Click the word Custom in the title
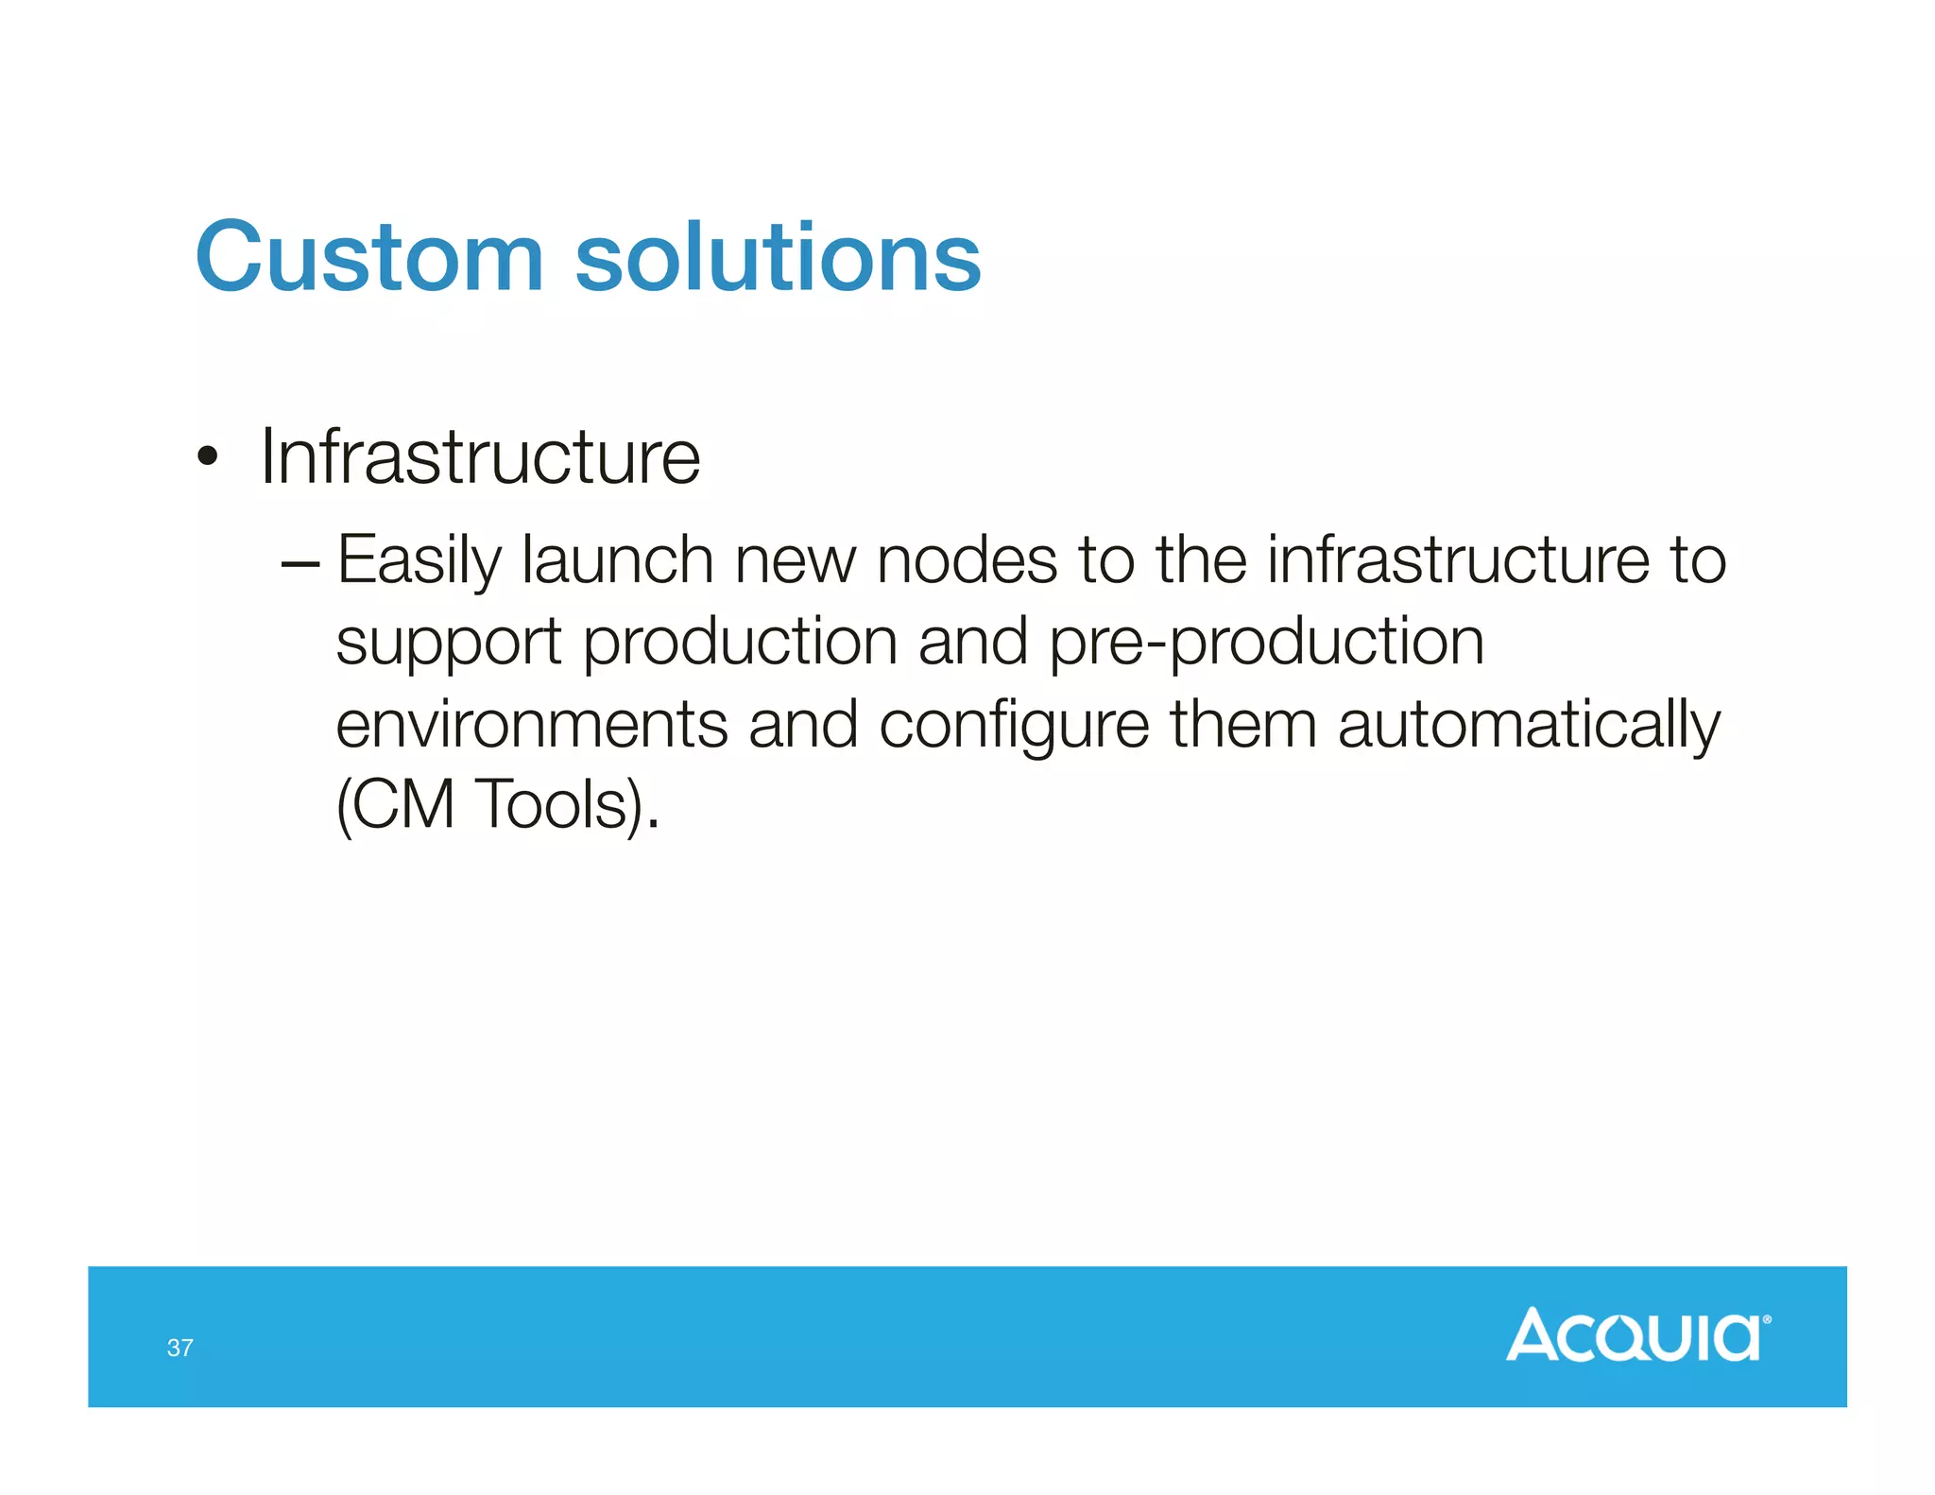[368, 257]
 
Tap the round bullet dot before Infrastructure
[208, 458]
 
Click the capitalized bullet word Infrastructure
[480, 457]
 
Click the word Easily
[419, 561]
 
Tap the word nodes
[967, 561]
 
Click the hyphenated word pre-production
[1266, 643]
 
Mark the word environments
[532, 725]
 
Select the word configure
[1014, 727]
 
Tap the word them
[1243, 725]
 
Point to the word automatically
[1529, 727]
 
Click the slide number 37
[180, 1348]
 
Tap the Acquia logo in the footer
[1637, 1335]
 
